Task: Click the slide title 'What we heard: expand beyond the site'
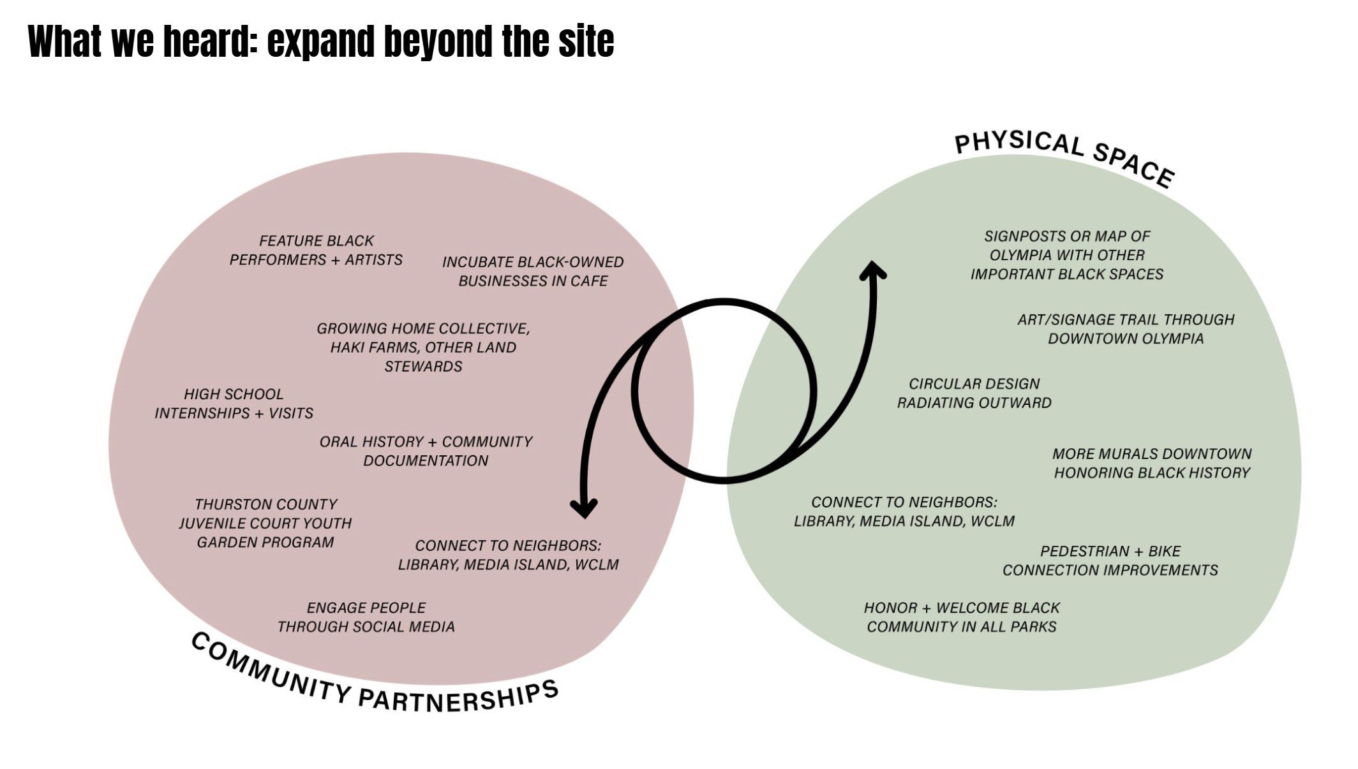[x=321, y=41]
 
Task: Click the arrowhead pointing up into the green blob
[x=872, y=268]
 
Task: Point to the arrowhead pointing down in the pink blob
[x=583, y=508]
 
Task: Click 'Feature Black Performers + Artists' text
[x=316, y=251]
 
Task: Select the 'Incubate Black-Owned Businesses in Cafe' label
[x=533, y=272]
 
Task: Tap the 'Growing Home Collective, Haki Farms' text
[x=423, y=348]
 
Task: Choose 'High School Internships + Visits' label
[x=234, y=404]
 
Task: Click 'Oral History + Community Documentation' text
[x=426, y=451]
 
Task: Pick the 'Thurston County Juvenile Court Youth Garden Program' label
[x=265, y=524]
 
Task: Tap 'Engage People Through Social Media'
[x=366, y=617]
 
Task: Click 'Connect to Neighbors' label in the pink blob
[x=508, y=555]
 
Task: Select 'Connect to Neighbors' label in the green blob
[x=904, y=512]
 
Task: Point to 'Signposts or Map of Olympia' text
[x=1067, y=255]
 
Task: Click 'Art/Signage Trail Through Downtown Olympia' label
[x=1126, y=329]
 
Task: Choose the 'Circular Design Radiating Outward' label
[x=974, y=393]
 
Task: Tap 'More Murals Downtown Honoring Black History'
[x=1152, y=464]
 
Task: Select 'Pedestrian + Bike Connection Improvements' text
[x=1110, y=560]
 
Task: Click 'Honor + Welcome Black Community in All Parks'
[x=962, y=617]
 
